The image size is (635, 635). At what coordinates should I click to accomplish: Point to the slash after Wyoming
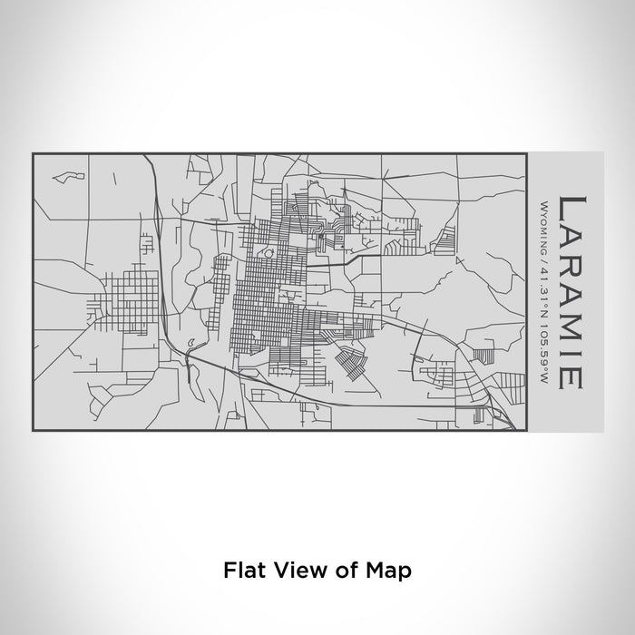click(542, 258)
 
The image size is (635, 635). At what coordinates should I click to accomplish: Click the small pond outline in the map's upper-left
click(63, 175)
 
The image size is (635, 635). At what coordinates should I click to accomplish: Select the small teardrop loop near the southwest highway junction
click(191, 344)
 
